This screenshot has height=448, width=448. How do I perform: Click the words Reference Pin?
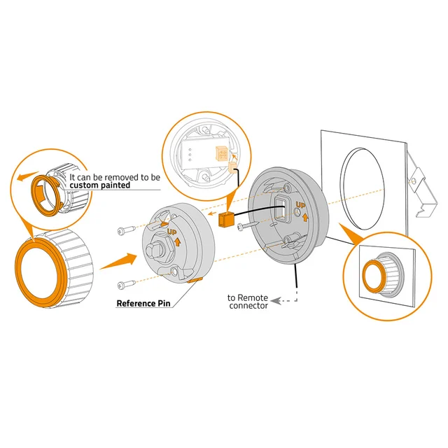(143, 303)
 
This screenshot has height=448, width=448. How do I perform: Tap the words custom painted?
(100, 185)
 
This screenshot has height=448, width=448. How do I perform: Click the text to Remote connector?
(248, 302)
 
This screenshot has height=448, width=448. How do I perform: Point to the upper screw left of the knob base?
(126, 230)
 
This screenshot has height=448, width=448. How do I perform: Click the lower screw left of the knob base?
(126, 285)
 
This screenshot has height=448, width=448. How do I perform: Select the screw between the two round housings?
(248, 225)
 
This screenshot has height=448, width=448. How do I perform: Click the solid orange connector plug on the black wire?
(226, 219)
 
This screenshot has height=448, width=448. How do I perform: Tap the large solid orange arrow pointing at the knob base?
(119, 261)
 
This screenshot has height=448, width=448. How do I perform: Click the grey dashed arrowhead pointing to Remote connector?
(275, 301)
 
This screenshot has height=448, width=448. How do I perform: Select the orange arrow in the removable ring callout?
(28, 176)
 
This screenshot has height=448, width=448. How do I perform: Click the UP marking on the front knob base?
(172, 232)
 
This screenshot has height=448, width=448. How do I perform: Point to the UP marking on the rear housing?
(300, 205)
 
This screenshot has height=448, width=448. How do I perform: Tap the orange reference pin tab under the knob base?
(195, 280)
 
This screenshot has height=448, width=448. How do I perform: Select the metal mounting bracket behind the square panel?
(422, 185)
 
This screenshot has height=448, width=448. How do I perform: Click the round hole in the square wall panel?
(363, 188)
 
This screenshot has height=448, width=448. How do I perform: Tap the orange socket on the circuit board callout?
(222, 154)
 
